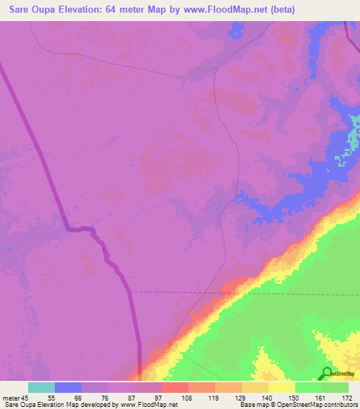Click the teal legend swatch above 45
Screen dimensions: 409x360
point(41,387)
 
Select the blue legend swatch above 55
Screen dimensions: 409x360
point(68,387)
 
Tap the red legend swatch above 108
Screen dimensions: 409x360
point(175,387)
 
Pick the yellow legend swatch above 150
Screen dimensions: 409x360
point(282,387)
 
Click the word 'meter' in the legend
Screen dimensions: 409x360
point(12,397)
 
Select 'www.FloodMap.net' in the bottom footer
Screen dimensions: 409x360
point(147,405)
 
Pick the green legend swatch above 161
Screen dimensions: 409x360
point(309,387)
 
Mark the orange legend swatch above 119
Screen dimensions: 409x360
point(202,387)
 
